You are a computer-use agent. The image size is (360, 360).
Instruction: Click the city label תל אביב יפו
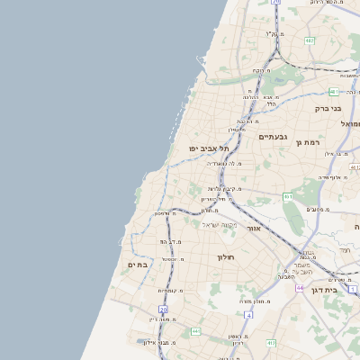pos(209,148)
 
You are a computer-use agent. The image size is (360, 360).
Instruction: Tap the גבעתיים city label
pos(272,137)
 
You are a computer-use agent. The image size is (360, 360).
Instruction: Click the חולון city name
pos(225,257)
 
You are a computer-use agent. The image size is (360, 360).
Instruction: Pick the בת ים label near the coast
pos(137,265)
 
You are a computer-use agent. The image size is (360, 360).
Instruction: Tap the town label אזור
pos(253,229)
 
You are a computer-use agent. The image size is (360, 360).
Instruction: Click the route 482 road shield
pos(310,40)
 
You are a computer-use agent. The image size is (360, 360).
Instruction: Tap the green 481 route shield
pos(334,92)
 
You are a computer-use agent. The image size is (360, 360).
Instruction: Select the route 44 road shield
pos(299,287)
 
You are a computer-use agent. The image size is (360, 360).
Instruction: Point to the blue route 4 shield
pos(247,316)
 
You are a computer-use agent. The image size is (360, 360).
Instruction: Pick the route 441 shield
pos(194,331)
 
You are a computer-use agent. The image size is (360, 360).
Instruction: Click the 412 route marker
pos(271,343)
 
